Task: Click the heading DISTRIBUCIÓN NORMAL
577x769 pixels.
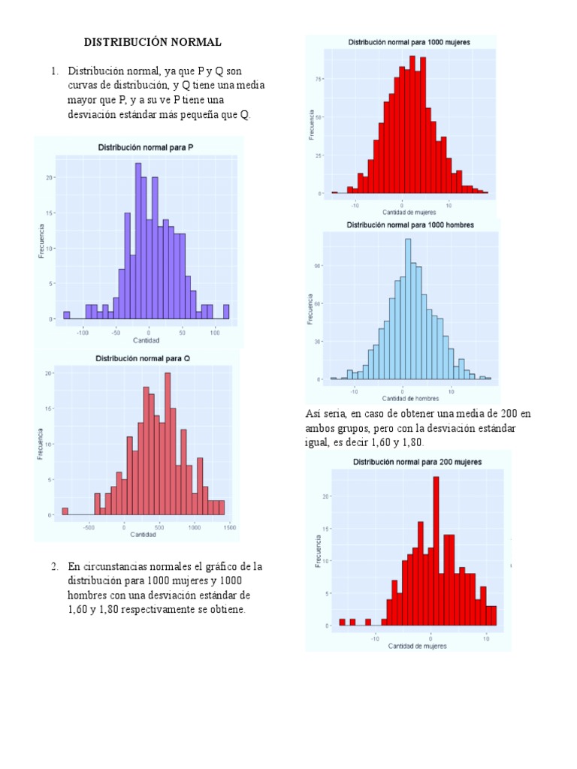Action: tap(153, 42)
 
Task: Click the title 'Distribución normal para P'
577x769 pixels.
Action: tap(146, 147)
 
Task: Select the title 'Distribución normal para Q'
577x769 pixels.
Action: tap(143, 359)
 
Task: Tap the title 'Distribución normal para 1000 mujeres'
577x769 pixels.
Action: tap(409, 43)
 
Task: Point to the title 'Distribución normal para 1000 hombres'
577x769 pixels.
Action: tap(409, 225)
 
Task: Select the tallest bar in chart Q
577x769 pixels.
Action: tap(167, 443)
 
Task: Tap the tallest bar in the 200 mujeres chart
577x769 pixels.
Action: tap(436, 550)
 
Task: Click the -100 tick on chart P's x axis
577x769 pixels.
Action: tap(83, 331)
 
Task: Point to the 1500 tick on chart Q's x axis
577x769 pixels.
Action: tap(229, 527)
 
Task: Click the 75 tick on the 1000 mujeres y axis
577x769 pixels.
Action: tap(319, 78)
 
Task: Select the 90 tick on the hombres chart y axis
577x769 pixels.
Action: tap(318, 265)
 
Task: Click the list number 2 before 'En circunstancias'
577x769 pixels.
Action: tap(55, 566)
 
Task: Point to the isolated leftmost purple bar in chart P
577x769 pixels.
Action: tap(66, 315)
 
